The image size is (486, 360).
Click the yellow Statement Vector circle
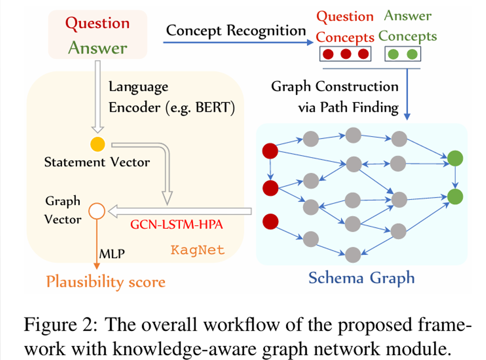pyautogui.click(x=97, y=144)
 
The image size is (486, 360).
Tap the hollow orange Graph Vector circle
pyautogui.click(x=96, y=211)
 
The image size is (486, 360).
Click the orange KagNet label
pyautogui.click(x=198, y=250)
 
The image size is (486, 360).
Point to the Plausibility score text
pyautogui.click(x=106, y=281)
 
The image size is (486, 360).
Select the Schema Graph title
pyautogui.click(x=361, y=278)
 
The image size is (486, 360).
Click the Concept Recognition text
pyautogui.click(x=236, y=31)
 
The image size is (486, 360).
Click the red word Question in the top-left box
pyautogui.click(x=97, y=23)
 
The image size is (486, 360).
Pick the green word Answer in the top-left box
pyautogui.click(x=97, y=48)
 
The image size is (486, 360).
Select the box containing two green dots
pyautogui.click(x=403, y=54)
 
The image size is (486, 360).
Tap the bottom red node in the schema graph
pyautogui.click(x=270, y=221)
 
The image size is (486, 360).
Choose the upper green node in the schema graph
pyautogui.click(x=455, y=158)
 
